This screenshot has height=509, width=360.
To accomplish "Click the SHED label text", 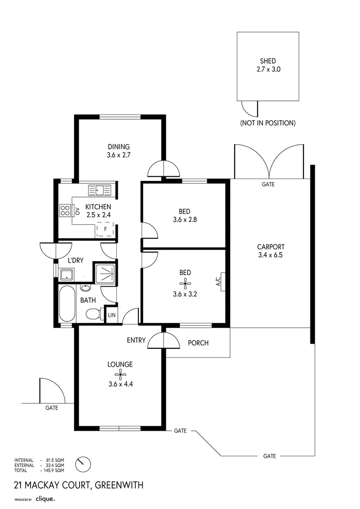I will tap(268, 61).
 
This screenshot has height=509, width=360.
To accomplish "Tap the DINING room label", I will tap(118, 147).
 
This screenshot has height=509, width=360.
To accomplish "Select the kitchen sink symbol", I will tap(99, 190).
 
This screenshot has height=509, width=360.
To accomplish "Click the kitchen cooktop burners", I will tap(65, 210).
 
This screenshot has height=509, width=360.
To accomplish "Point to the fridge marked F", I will tap(105, 229).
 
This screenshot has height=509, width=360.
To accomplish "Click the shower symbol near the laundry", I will tap(105, 273).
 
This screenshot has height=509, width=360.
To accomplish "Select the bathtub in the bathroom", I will tap(67, 304).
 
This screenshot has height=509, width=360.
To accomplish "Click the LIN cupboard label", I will tap(112, 315).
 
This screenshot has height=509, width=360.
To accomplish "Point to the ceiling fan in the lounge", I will tap(121, 375).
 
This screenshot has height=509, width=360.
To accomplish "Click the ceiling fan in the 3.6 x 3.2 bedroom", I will tap(185, 283).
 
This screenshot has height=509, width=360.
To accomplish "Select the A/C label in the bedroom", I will tap(218, 282).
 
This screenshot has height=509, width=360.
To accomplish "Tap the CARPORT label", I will tap(270, 246).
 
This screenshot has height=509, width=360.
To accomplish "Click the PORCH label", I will tap(198, 343).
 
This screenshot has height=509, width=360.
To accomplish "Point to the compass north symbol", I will tap(83, 464).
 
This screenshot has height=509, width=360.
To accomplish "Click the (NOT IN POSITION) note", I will tap(268, 123).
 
